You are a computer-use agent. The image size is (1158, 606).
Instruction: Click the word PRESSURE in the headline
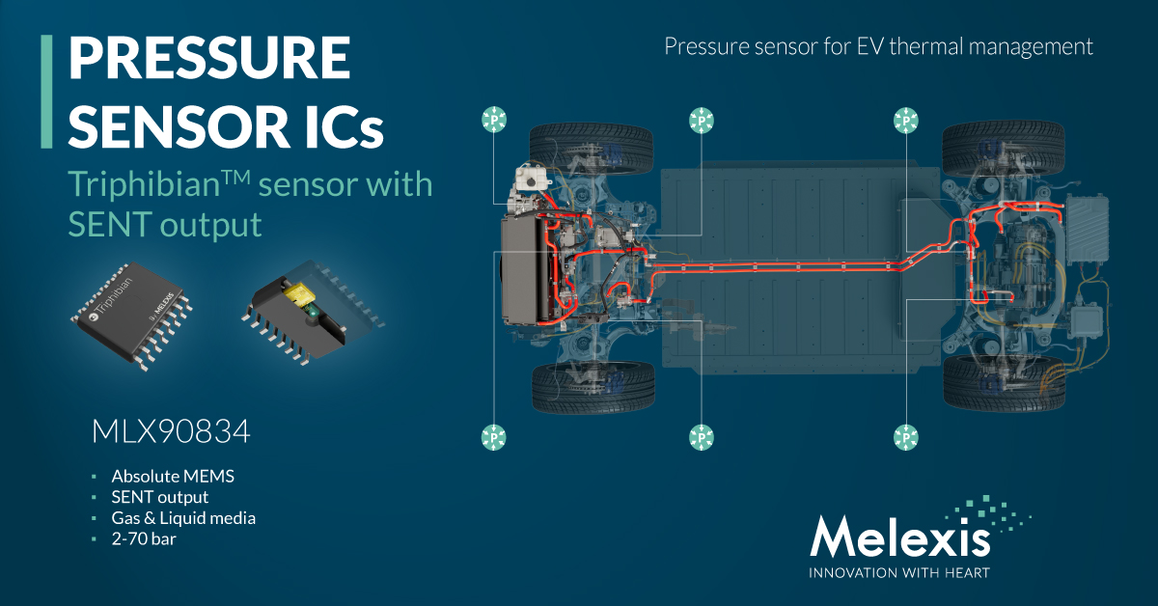[x=209, y=58]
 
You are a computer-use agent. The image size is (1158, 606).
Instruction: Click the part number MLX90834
[x=171, y=431]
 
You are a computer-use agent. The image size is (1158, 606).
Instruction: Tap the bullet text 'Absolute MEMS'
[x=173, y=476]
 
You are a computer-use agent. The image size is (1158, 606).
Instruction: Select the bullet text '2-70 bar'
[x=144, y=538]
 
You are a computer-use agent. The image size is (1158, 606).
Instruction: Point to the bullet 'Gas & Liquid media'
[x=183, y=517]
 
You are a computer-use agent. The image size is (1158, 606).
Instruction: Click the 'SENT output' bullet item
[x=160, y=497]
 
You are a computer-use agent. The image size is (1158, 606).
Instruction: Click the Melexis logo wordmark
[x=899, y=537]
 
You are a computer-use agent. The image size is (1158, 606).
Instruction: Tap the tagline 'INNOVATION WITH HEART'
[x=899, y=573]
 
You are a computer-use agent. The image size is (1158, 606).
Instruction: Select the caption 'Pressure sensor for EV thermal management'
[x=878, y=46]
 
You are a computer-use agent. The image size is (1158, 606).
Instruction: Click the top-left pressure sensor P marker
[x=494, y=120]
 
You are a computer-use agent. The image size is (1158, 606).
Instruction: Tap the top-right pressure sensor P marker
[x=906, y=121]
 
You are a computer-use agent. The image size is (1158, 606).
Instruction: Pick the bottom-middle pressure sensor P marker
[x=701, y=437]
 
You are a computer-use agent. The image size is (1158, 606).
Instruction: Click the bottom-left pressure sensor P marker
[x=494, y=437]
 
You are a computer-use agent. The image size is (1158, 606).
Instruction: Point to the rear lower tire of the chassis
[x=1004, y=384]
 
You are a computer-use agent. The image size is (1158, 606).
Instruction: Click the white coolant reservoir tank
[x=531, y=179]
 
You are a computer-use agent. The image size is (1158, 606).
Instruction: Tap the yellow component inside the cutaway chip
[x=298, y=293]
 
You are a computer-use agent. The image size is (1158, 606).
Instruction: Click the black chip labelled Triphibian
[x=131, y=315]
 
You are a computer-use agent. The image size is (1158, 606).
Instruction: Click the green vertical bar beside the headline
[x=46, y=92]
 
